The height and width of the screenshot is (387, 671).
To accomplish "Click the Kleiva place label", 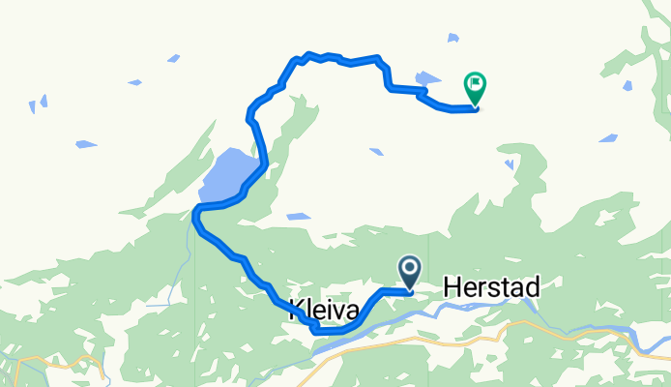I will (324, 311).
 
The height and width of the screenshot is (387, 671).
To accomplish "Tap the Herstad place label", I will (491, 286).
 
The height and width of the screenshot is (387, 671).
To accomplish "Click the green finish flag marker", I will (475, 87).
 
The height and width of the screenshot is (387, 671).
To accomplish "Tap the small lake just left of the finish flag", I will (426, 77).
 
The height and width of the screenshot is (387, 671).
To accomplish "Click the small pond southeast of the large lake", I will (298, 217).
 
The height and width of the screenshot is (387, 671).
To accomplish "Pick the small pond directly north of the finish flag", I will (452, 38).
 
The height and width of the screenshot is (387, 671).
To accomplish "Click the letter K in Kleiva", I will (295, 311).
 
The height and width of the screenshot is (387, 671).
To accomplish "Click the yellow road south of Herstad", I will (464, 341).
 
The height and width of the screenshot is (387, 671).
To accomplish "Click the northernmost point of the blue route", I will (307, 54).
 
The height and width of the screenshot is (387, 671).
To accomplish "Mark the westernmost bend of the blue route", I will (195, 218).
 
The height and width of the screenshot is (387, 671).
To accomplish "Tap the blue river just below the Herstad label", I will (483, 306).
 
